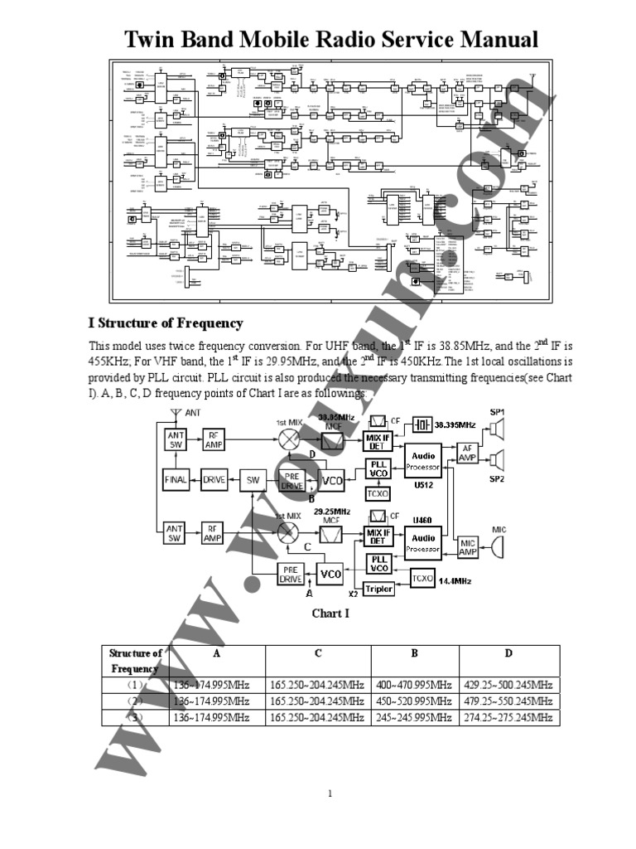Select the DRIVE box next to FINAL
click(x=214, y=478)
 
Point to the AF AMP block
click(x=468, y=452)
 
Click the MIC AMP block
click(x=468, y=547)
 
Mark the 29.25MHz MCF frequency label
click(x=332, y=512)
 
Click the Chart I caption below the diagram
click(x=330, y=614)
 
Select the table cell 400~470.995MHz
click(x=415, y=685)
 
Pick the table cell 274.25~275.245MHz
click(x=508, y=717)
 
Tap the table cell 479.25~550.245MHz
click(x=508, y=701)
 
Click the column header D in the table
click(x=508, y=653)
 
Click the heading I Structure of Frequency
click(x=166, y=323)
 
